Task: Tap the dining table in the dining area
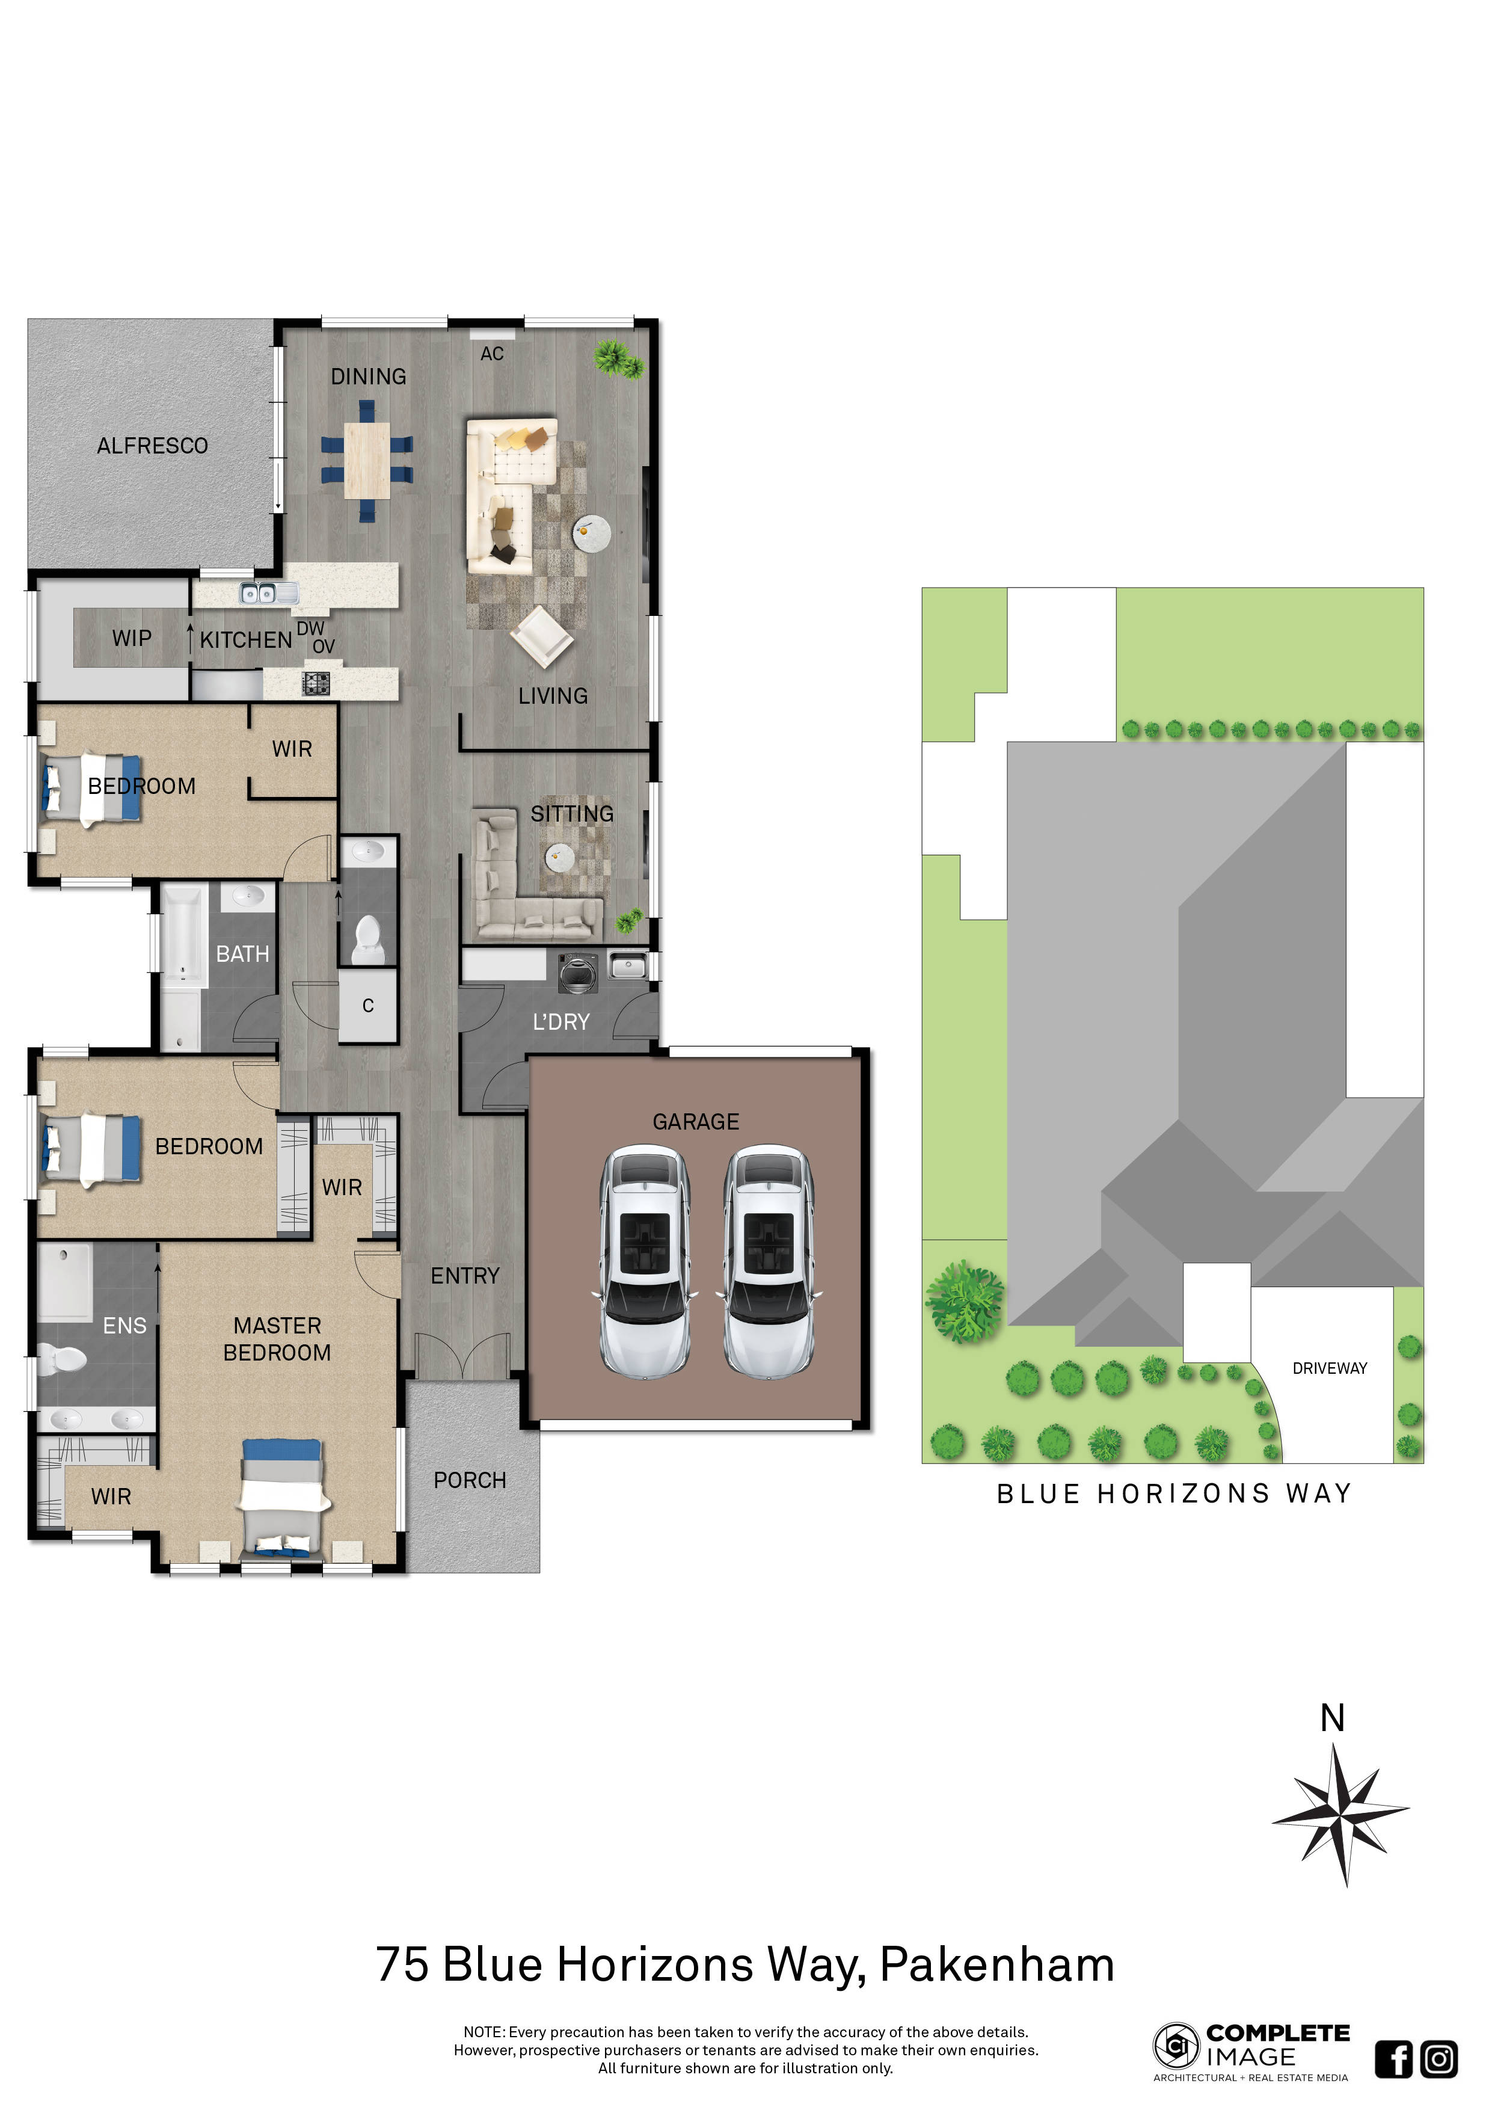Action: (x=367, y=460)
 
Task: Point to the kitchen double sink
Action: (x=257, y=594)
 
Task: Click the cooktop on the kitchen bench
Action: (x=316, y=683)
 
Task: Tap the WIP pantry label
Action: (x=131, y=639)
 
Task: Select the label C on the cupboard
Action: (x=367, y=1006)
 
